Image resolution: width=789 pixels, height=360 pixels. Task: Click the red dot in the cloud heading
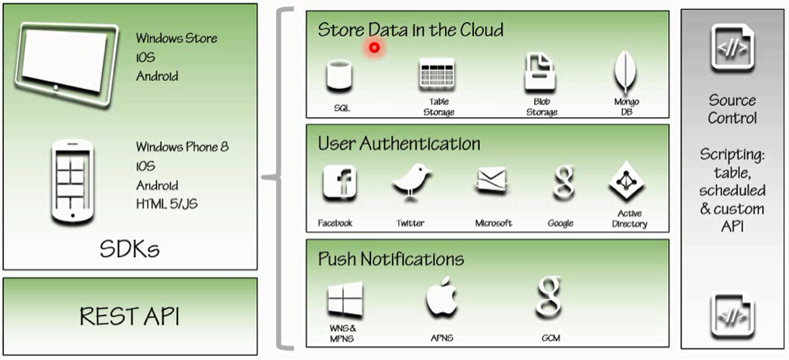pos(374,48)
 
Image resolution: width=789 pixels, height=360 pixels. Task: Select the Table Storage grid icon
pos(438,75)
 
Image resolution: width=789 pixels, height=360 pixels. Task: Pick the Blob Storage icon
pos(541,74)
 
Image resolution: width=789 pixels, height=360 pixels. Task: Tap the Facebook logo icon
pos(339,183)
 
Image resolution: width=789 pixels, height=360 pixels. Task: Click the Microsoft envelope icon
pos(492,183)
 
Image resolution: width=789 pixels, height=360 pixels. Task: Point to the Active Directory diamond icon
pos(627,182)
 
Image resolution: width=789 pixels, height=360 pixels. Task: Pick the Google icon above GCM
pos(548,299)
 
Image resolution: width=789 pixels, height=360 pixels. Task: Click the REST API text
pos(129,316)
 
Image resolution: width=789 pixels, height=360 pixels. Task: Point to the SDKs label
pos(129,248)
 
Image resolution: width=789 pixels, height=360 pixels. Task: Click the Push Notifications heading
pos(391,259)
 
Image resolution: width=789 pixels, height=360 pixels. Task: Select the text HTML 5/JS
pos(167,203)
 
